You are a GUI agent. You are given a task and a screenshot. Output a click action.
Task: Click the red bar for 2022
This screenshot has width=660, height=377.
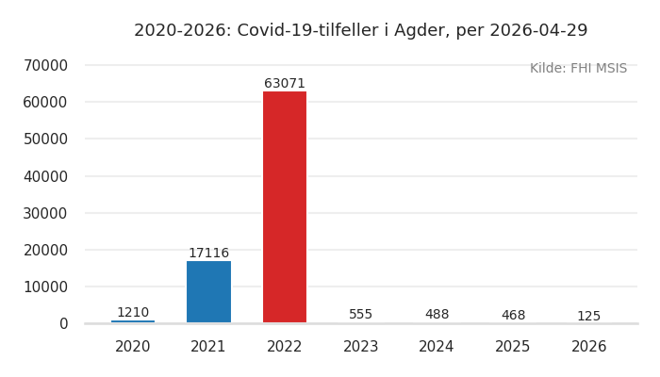(x=285, y=207)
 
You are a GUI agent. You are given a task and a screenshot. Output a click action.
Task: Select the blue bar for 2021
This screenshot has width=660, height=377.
(x=208, y=292)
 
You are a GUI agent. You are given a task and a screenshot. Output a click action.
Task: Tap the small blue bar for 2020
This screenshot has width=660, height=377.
(x=133, y=321)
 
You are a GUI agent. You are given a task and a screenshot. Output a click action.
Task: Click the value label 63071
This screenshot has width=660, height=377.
(x=285, y=84)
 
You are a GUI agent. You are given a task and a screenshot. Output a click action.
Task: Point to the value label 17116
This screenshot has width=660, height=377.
(x=208, y=254)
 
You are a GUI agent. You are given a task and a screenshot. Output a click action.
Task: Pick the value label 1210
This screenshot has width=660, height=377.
(x=133, y=313)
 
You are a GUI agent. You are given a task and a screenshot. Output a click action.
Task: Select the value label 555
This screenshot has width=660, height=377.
(x=361, y=315)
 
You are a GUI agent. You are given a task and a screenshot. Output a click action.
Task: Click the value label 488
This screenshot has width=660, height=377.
(x=437, y=315)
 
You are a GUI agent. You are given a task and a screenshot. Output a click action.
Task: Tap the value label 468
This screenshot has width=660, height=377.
(x=513, y=316)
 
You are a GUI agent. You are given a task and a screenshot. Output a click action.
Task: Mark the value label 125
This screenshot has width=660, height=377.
(x=588, y=317)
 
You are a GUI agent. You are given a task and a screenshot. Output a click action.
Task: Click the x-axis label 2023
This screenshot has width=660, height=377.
(x=361, y=347)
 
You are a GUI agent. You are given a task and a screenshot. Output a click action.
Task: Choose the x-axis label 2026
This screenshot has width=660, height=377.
(x=588, y=347)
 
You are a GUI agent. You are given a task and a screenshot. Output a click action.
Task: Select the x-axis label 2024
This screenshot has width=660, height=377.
(x=437, y=347)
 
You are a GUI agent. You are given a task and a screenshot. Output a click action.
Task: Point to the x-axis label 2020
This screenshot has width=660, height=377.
(x=133, y=347)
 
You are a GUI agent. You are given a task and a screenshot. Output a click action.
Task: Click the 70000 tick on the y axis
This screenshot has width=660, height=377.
(x=45, y=65)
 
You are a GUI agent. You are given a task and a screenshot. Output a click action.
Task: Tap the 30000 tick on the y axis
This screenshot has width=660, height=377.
(x=45, y=213)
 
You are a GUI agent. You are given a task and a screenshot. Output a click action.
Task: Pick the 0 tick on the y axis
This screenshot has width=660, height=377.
(x=63, y=324)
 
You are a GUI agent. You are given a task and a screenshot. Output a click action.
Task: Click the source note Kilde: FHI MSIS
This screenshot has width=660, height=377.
(x=578, y=69)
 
